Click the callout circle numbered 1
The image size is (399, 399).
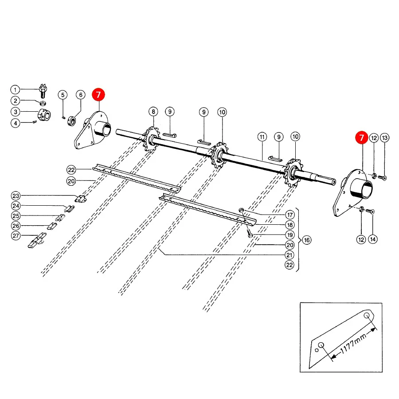(15, 90)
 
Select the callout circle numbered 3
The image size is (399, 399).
(15, 112)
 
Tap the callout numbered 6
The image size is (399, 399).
(81, 95)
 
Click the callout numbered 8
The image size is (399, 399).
(153, 112)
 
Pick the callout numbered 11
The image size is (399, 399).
(262, 137)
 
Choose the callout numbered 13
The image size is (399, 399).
(384, 138)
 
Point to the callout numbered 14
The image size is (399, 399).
(373, 239)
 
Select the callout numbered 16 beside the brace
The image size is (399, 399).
(307, 240)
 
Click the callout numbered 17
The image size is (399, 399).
(290, 215)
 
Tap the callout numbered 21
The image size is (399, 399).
(289, 255)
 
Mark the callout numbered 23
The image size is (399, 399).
(16, 196)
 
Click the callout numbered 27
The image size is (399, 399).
(16, 236)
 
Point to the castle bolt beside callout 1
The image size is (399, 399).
(43, 91)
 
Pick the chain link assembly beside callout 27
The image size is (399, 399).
(37, 240)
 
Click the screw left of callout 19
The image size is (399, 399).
(250, 233)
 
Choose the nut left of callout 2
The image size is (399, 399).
(43, 103)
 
